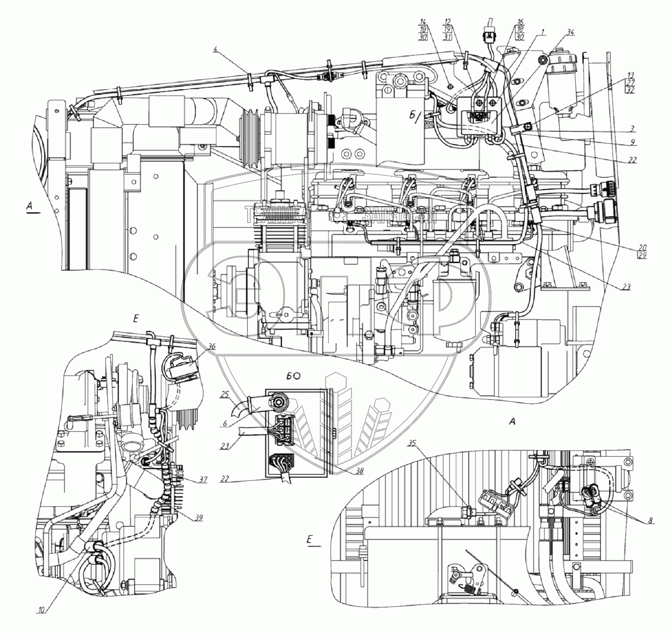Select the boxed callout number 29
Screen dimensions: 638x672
tap(642, 256)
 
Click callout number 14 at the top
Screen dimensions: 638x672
tap(423, 22)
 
